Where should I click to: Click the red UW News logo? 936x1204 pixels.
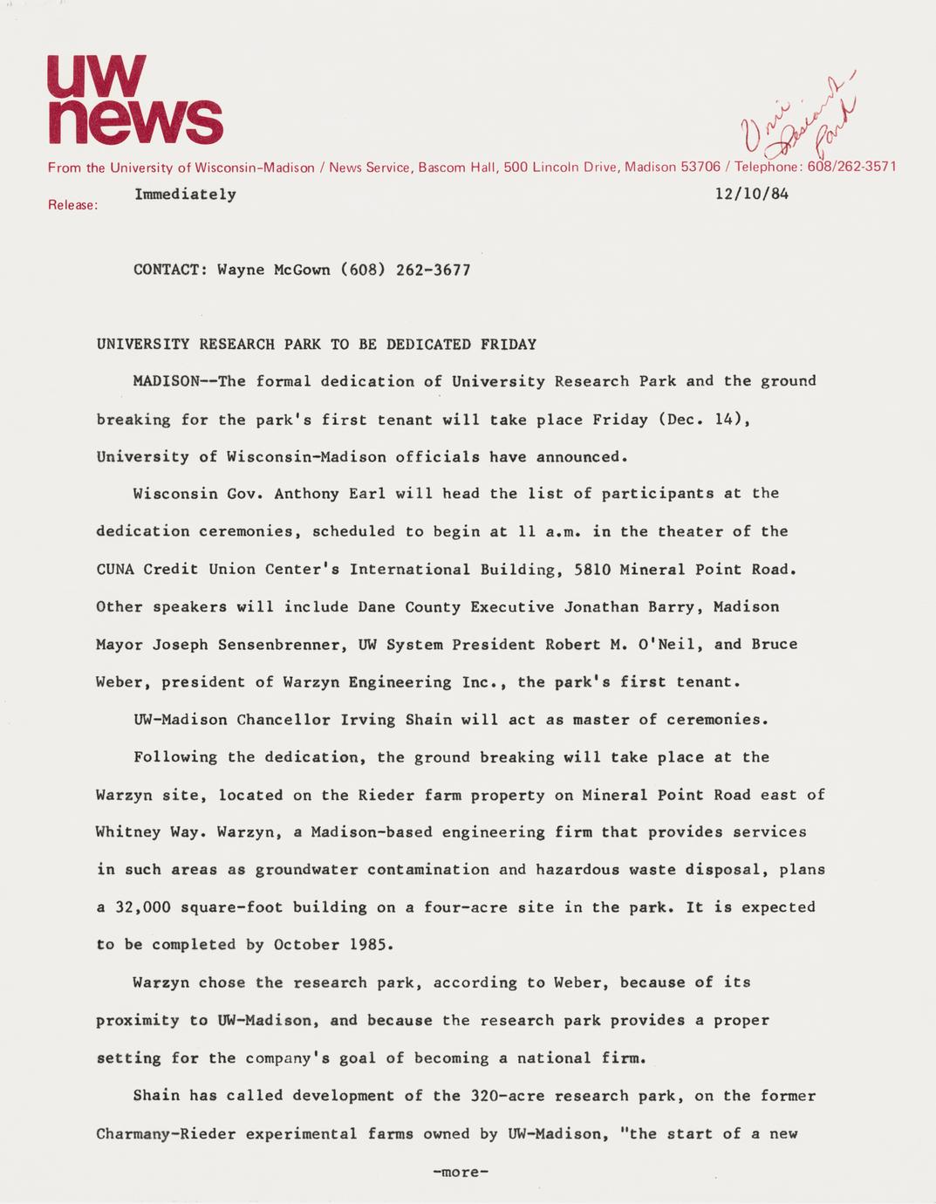(134, 100)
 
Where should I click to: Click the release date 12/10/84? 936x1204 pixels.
(751, 194)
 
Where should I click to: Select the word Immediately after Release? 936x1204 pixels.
(185, 194)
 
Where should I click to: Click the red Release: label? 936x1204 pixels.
(72, 206)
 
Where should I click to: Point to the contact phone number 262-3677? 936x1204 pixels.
(434, 270)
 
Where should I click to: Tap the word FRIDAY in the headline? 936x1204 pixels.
(508, 344)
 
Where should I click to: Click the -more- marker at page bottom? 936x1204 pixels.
(461, 1172)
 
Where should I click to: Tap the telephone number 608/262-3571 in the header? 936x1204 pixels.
(851, 167)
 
